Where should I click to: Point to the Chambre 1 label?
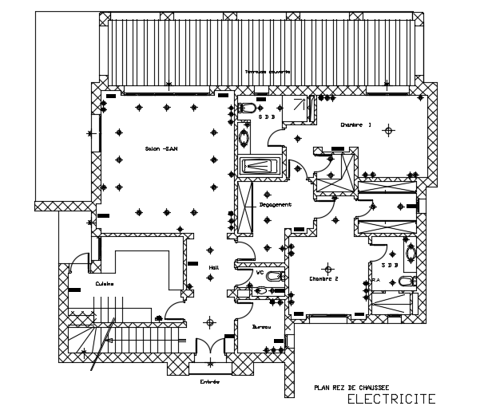pos(356,125)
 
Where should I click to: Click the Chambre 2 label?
pos(324,278)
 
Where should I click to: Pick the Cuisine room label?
pos(105,284)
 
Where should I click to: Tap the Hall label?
pos(213,268)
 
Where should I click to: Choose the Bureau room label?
pos(261,327)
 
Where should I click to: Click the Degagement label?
pos(275,205)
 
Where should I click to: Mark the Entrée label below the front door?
pos(209,381)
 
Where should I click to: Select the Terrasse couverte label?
pos(268,72)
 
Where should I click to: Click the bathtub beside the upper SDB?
pos(259,167)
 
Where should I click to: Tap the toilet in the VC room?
pos(272,277)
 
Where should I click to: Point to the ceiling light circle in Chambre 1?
pos(389,130)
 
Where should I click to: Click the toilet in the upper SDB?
pos(248,106)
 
